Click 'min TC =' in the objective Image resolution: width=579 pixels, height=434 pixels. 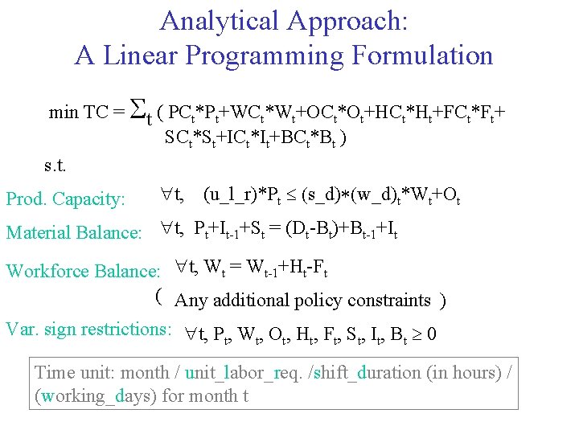pos(87,112)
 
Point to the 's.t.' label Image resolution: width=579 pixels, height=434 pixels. pos(55,167)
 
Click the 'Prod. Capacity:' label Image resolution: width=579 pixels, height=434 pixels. pos(66,199)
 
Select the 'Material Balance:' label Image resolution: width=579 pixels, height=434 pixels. pos(74,233)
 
